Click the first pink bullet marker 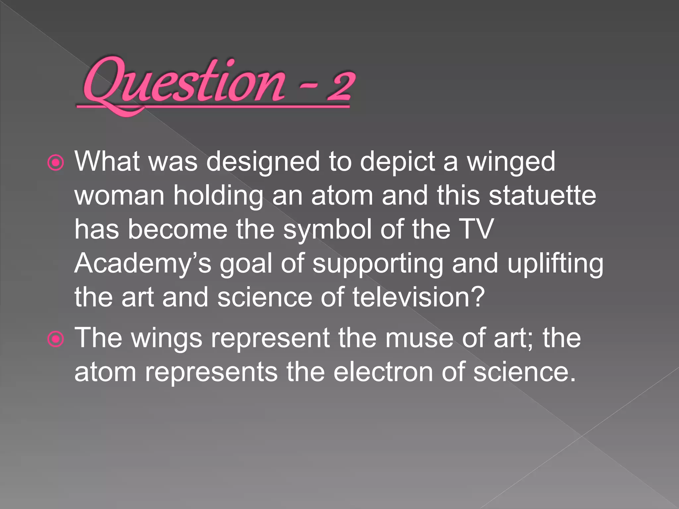(55, 163)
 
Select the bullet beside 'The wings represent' (55, 339)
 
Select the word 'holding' (218, 196)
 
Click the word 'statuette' (542, 196)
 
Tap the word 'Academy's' (143, 264)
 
